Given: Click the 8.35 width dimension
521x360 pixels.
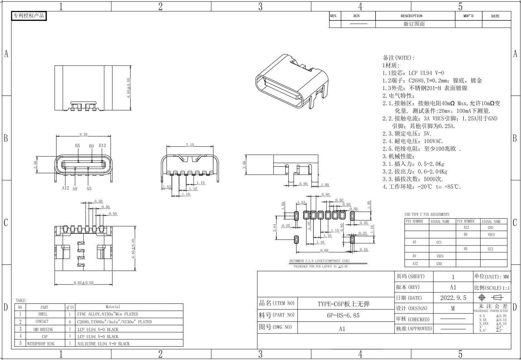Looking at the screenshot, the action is pyautogui.click(x=83, y=135).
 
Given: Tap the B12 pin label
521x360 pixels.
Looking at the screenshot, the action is pyautogui.click(x=102, y=145).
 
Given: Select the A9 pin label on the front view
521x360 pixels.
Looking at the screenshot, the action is pyautogui.click(x=75, y=189).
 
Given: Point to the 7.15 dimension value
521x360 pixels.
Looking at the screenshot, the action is pyautogui.click(x=190, y=145).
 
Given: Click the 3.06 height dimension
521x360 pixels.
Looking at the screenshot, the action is pyautogui.click(x=244, y=165).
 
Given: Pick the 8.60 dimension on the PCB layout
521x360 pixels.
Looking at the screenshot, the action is pyautogui.click(x=324, y=250).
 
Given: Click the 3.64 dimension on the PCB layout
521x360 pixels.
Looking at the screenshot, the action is pyautogui.click(x=275, y=228).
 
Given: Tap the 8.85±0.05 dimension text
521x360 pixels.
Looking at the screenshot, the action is pyautogui.click(x=83, y=283).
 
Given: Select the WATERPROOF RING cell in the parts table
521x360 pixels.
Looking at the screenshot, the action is pyautogui.click(x=40, y=344).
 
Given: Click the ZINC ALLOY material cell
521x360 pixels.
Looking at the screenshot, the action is pyautogui.click(x=107, y=314).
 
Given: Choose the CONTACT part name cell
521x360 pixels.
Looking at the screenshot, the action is pyautogui.click(x=42, y=321).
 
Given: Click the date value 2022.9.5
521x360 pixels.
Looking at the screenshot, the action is pyautogui.click(x=453, y=298).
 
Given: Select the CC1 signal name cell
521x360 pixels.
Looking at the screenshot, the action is pyautogui.click(x=439, y=242).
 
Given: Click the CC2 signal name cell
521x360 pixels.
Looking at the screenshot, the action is pyautogui.click(x=491, y=249).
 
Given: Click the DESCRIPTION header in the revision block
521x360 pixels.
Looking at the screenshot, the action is pyautogui.click(x=411, y=16).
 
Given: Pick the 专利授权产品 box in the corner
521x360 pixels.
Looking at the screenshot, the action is pyautogui.click(x=29, y=16).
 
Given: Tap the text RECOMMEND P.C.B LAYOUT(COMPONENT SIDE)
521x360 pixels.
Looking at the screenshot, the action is pyautogui.click(x=319, y=261).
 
